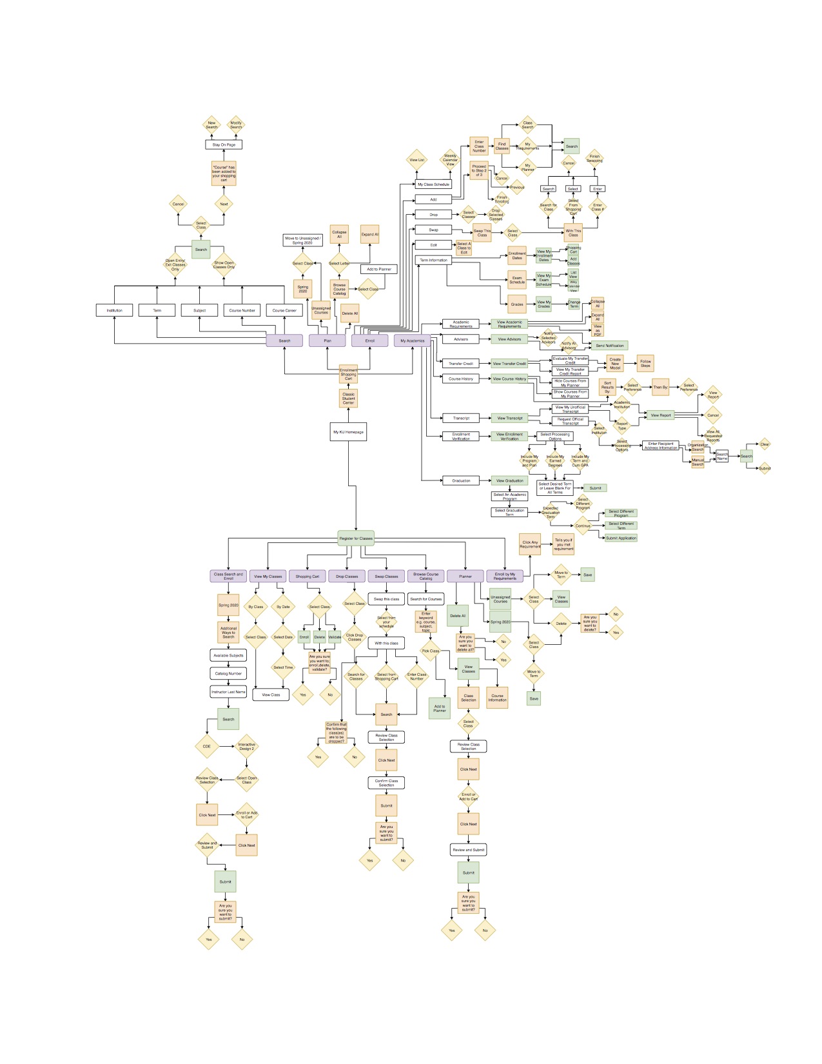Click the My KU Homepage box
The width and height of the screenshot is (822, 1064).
tap(348, 432)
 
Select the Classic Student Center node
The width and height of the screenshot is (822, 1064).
tap(348, 398)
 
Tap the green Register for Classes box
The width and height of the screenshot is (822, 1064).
tap(356, 538)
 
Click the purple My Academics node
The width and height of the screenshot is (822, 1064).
tap(412, 340)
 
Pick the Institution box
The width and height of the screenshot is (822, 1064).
tap(114, 310)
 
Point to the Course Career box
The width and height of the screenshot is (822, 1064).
tap(284, 310)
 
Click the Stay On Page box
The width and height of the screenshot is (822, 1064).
tap(224, 145)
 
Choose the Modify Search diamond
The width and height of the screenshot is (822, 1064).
tap(236, 124)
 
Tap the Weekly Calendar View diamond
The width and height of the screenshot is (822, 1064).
tap(450, 160)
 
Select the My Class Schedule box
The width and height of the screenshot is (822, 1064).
tap(433, 184)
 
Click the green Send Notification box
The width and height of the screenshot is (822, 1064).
tap(609, 346)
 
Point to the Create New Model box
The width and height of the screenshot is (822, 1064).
tap(615, 364)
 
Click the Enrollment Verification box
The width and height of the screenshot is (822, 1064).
tap(461, 437)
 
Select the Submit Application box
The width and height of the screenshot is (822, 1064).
tap(621, 538)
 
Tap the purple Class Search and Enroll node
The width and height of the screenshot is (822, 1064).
tap(228, 576)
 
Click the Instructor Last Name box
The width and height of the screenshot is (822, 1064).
tap(228, 692)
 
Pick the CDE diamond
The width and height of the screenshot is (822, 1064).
tap(207, 747)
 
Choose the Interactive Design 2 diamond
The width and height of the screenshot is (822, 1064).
tap(246, 747)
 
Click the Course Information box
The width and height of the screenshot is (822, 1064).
tap(497, 697)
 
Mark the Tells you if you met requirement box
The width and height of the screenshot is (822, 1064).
tap(563, 544)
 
